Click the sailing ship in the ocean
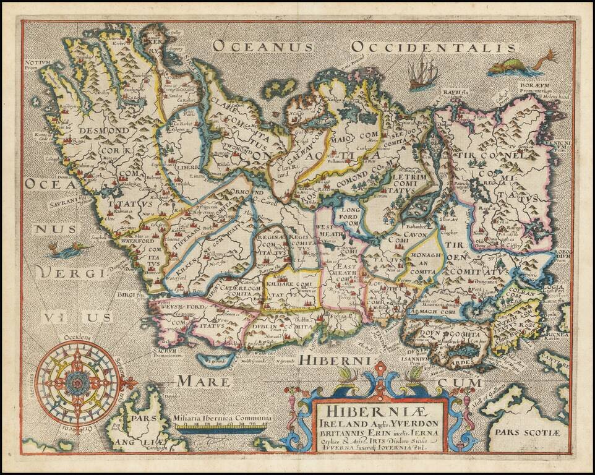coord(423,71)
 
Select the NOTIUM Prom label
coord(38,64)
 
